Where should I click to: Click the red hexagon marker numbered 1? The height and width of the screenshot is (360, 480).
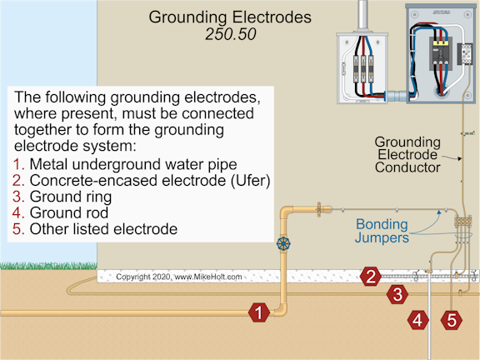(x=259, y=312)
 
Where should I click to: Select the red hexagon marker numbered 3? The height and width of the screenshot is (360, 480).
(x=398, y=293)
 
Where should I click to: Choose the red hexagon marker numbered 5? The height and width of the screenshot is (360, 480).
(x=451, y=318)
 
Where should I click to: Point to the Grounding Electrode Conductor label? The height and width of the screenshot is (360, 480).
(x=407, y=154)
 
